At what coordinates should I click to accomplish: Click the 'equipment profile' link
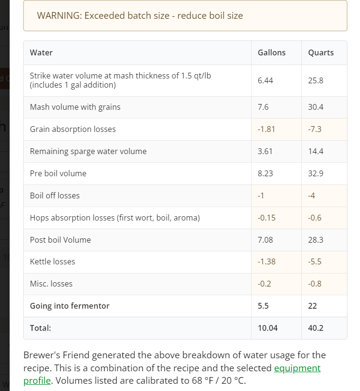click(x=297, y=368)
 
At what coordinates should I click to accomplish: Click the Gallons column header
click(x=271, y=52)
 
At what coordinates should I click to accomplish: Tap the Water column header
click(x=41, y=52)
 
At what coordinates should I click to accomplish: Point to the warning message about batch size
click(x=140, y=15)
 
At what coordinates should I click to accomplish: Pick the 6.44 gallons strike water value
click(x=266, y=80)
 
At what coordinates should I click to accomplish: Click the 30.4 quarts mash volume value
click(x=316, y=107)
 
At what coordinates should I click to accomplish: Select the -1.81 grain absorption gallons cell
click(x=267, y=129)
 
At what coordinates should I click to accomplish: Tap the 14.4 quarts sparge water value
click(x=316, y=151)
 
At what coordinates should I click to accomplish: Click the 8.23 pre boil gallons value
click(x=266, y=173)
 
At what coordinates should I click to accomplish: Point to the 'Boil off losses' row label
click(x=55, y=195)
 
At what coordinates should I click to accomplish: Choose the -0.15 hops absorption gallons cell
click(x=267, y=218)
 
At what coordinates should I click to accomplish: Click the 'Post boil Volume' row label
click(x=60, y=240)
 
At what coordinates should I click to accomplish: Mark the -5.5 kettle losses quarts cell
click(x=315, y=261)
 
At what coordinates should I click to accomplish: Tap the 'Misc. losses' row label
click(x=51, y=284)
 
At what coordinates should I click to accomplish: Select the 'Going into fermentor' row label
click(x=69, y=306)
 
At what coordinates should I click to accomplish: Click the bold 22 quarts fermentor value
click(x=312, y=306)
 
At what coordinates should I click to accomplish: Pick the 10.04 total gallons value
click(x=267, y=328)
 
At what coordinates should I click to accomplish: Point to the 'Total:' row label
click(x=40, y=328)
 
